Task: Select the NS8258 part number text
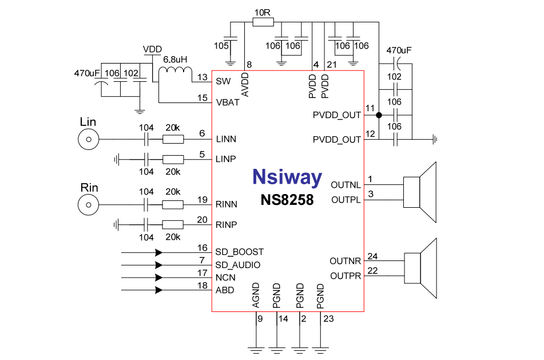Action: click(x=287, y=200)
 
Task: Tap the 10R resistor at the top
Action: click(x=263, y=22)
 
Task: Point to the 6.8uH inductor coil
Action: click(x=175, y=71)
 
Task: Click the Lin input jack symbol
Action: click(x=88, y=139)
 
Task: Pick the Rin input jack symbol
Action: click(x=88, y=204)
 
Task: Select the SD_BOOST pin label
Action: click(x=239, y=252)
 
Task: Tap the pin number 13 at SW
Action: click(x=202, y=77)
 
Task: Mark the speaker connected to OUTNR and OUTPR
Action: click(x=421, y=268)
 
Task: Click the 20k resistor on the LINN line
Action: click(x=173, y=139)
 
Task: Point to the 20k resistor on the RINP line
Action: click(x=173, y=224)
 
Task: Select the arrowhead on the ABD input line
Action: click(x=158, y=290)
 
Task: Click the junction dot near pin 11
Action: click(x=379, y=115)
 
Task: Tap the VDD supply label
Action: click(x=152, y=49)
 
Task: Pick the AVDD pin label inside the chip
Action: click(x=245, y=85)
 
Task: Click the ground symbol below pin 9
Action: click(x=255, y=347)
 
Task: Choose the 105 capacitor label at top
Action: click(x=221, y=45)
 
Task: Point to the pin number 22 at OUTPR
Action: click(x=372, y=270)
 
